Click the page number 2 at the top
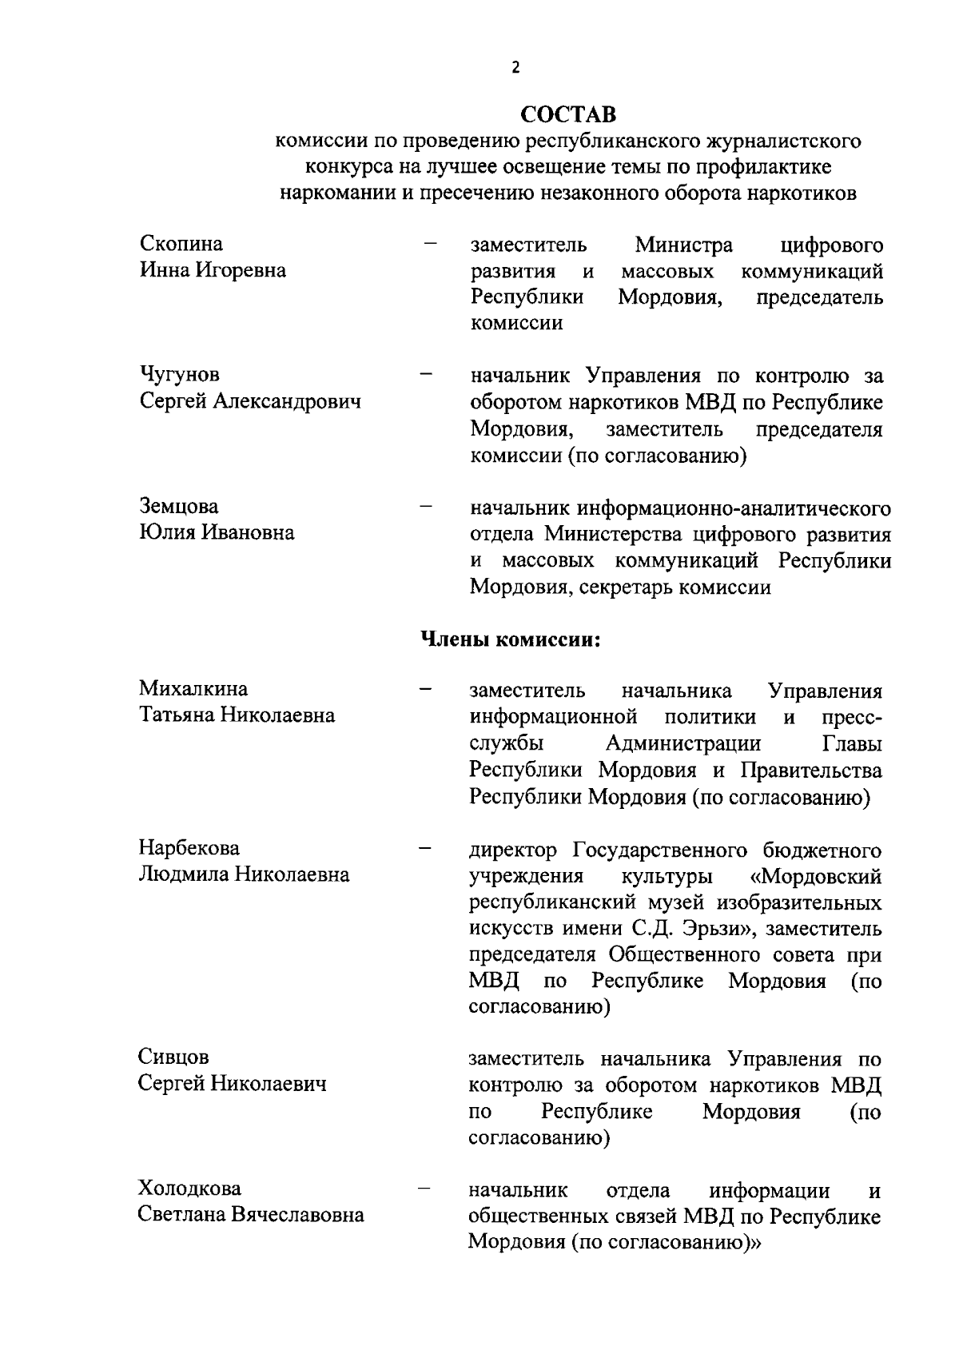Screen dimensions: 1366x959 point(515,68)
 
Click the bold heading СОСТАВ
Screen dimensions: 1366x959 point(568,114)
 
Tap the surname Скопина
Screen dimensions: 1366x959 point(181,243)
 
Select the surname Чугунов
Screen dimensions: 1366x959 point(180,374)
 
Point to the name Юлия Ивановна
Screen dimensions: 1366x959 point(217,532)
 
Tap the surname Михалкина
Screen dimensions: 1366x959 point(193,688)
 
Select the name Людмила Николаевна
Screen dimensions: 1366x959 point(244,874)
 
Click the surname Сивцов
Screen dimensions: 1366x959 point(173,1057)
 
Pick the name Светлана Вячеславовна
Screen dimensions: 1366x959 point(251,1215)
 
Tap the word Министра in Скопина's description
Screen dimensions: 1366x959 point(683,244)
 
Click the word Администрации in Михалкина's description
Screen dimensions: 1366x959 point(683,743)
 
